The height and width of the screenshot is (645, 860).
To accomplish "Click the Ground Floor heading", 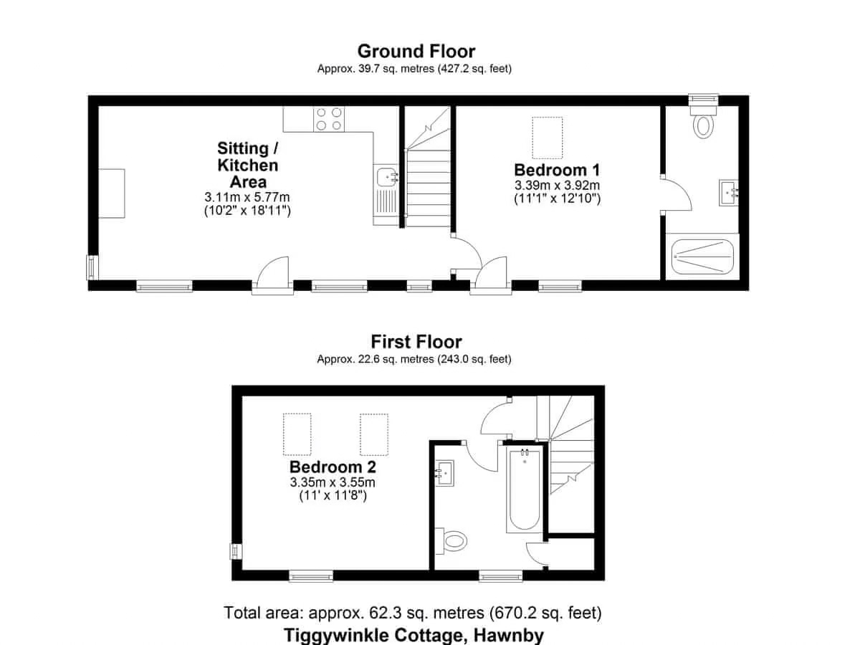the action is [416, 52].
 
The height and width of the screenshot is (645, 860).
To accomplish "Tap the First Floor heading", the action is [416, 342].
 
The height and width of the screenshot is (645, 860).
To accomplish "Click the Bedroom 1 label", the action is [557, 170].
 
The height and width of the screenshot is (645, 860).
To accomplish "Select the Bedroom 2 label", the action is [333, 467].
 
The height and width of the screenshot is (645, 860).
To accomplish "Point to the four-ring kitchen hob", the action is [329, 119].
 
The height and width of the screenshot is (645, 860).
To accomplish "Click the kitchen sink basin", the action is [387, 178].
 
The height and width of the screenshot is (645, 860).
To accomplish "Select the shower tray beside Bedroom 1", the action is [702, 257].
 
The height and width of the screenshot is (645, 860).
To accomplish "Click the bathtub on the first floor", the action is [524, 490].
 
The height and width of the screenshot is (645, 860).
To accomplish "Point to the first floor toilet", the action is [451, 541].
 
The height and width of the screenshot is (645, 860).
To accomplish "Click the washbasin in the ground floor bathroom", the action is [729, 193].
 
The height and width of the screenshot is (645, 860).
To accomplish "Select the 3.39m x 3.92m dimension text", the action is [557, 185].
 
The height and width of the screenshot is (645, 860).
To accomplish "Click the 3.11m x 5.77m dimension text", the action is [247, 196].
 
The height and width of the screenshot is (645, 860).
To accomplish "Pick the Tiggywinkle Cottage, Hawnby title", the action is [414, 635].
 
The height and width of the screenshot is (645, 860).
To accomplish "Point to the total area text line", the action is [413, 613].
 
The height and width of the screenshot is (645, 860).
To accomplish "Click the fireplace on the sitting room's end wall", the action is [112, 193].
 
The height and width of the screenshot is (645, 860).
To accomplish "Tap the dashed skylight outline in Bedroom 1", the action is [548, 138].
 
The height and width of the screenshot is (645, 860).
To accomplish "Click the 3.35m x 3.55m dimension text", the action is [333, 482].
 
